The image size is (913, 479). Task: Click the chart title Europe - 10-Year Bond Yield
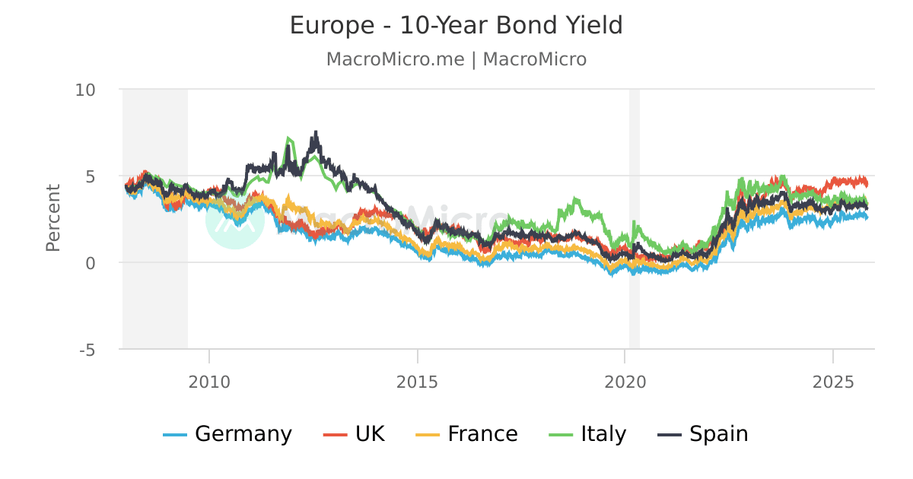click(x=456, y=26)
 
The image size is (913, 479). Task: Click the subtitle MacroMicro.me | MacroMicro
click(x=456, y=59)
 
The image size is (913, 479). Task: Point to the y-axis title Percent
click(x=52, y=217)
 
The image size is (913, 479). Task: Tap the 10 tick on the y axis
click(x=85, y=90)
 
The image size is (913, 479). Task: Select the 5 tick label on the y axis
click(x=91, y=176)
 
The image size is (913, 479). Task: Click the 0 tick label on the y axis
click(x=91, y=263)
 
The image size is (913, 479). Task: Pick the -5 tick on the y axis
click(x=87, y=350)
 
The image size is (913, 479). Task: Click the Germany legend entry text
click(x=243, y=434)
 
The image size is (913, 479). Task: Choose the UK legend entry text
click(x=370, y=434)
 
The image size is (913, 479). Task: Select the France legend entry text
click(x=482, y=434)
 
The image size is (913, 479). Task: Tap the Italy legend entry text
click(x=603, y=434)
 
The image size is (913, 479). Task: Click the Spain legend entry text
click(x=718, y=434)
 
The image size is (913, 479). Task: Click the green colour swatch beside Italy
click(x=561, y=435)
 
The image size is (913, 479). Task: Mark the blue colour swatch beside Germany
click(x=175, y=435)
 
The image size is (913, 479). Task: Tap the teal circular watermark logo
click(x=235, y=220)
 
